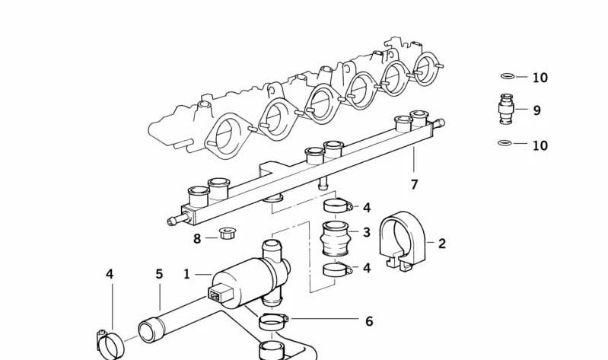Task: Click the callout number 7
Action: pyautogui.click(x=414, y=184)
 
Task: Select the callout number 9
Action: pyautogui.click(x=536, y=110)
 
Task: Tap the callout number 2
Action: pyautogui.click(x=442, y=244)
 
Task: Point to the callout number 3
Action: pyautogui.click(x=367, y=232)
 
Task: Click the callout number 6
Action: pyautogui.click(x=369, y=321)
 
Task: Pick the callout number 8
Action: pyautogui.click(x=197, y=238)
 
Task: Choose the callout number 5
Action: pyautogui.click(x=159, y=274)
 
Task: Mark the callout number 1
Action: pyautogui.click(x=187, y=274)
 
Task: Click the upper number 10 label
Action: pyautogui.click(x=540, y=78)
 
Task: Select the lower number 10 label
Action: pyautogui.click(x=540, y=145)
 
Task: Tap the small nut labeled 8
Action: pyautogui.click(x=228, y=234)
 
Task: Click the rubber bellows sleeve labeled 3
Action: pyautogui.click(x=335, y=238)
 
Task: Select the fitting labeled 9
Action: pyautogui.click(x=506, y=109)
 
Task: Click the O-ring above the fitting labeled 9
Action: pyautogui.click(x=508, y=76)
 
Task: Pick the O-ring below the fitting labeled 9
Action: pyautogui.click(x=505, y=143)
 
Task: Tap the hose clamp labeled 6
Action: pyautogui.click(x=274, y=321)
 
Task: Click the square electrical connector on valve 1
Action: pyautogui.click(x=219, y=293)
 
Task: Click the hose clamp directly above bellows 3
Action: pyautogui.click(x=337, y=205)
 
